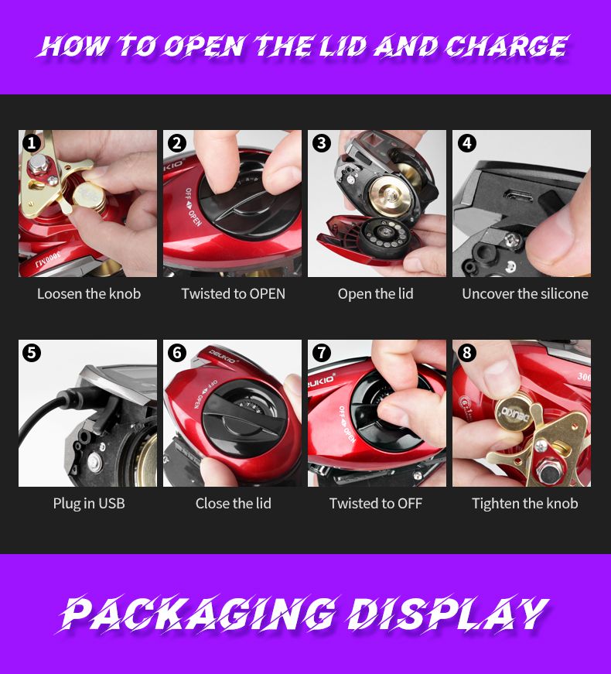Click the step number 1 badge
32,142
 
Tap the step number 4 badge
466,142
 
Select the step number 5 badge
32,352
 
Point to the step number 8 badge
466,352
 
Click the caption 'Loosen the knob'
89,293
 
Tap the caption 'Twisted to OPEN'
233,293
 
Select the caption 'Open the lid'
376,293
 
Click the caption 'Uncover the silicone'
524,293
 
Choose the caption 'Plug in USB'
89,503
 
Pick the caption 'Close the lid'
234,503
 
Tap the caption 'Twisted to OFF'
376,503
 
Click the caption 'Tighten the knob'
524,503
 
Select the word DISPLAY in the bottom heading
448,613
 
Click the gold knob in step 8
514,412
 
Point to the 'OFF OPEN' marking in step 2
193,207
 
